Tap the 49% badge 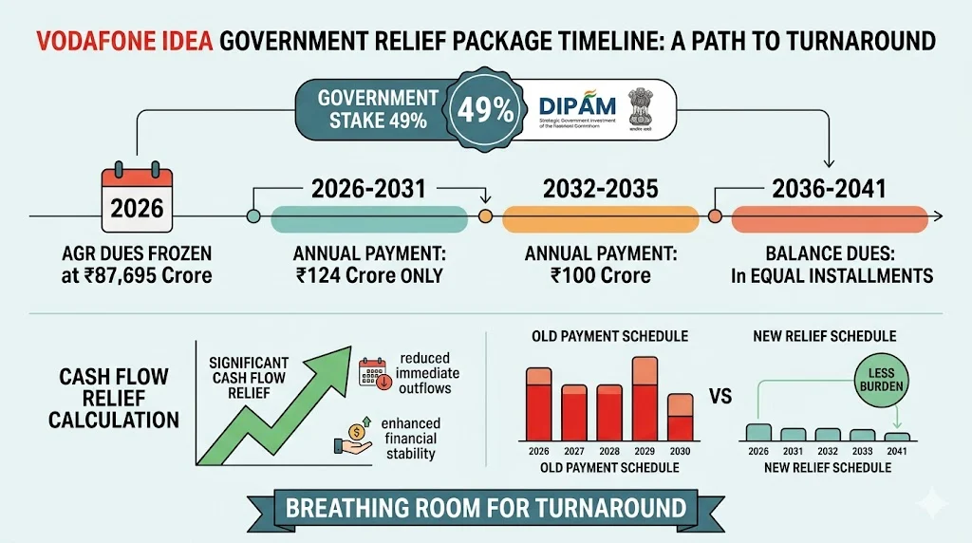[x=486, y=110]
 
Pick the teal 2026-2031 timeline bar [x=369, y=217]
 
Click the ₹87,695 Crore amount [x=158, y=276]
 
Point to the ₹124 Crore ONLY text [x=369, y=276]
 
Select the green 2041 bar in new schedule [x=896, y=437]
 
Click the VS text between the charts [x=720, y=396]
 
